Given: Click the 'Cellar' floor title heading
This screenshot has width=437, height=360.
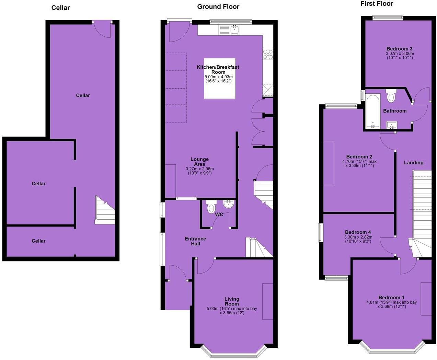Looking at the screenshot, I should click(x=60, y=8).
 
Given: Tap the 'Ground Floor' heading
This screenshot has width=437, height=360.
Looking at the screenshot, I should click(x=218, y=7).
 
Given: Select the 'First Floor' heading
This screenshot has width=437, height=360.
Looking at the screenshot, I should click(x=377, y=4).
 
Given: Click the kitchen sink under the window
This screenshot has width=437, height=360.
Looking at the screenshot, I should click(x=235, y=30).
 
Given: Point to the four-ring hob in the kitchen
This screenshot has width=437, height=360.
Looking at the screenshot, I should click(x=268, y=54).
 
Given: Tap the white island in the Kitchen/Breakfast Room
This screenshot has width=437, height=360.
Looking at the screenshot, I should click(x=220, y=78).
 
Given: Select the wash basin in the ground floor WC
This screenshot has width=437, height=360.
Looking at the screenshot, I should click(x=228, y=205).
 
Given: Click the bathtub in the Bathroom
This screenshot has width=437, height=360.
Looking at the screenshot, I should click(x=372, y=111).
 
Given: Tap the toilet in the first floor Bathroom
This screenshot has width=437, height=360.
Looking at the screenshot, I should click(x=391, y=96).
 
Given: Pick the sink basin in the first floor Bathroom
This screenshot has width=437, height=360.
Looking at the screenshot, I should click(x=391, y=125).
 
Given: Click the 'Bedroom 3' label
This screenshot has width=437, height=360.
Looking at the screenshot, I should click(x=399, y=49).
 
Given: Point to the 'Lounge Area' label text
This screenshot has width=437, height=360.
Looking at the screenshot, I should click(x=199, y=162).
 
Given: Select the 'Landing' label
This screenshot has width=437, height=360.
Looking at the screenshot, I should click(x=413, y=163).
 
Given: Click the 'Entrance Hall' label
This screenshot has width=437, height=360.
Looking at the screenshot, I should click(x=195, y=241).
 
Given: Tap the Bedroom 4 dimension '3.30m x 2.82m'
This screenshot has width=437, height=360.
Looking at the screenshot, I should click(x=358, y=237).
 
